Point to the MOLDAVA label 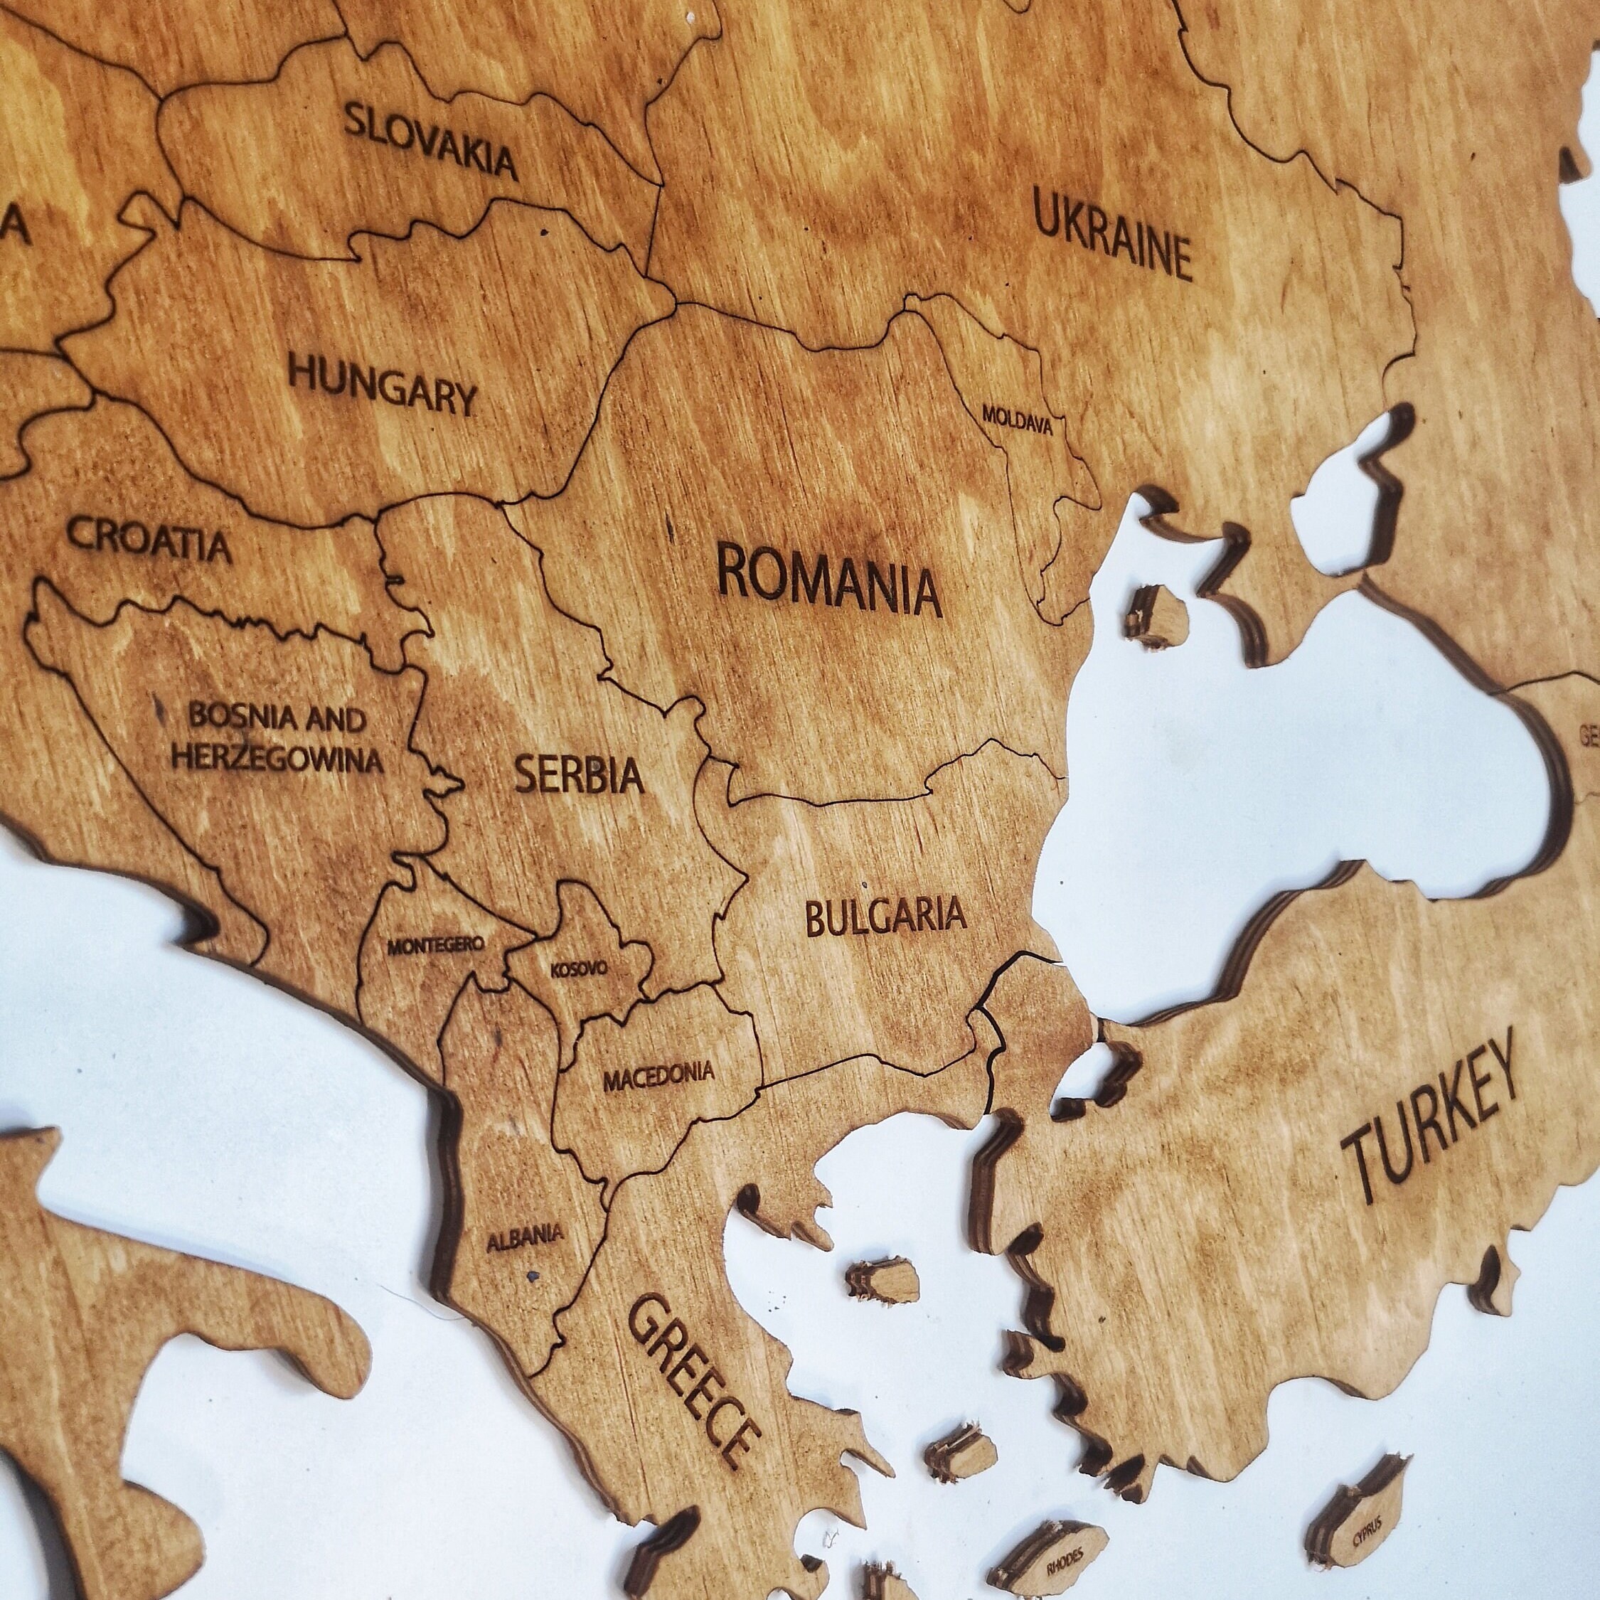coord(1017,420)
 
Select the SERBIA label coord(579,775)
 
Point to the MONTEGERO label coord(436,945)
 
